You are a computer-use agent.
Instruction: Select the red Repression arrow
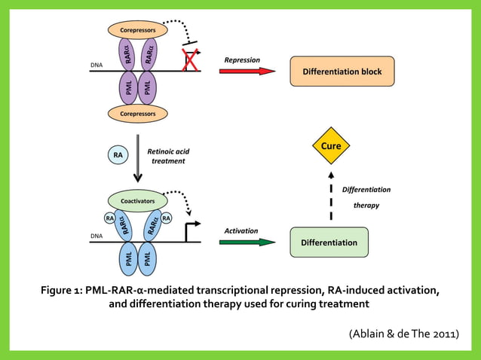(x=247, y=71)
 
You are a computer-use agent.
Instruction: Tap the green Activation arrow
(x=247, y=243)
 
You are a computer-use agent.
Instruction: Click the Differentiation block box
(x=342, y=72)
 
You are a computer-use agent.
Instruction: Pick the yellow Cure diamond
(x=331, y=145)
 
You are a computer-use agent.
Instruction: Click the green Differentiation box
(x=329, y=243)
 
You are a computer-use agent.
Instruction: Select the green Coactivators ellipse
(x=137, y=201)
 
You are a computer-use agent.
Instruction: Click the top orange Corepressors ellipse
(x=138, y=30)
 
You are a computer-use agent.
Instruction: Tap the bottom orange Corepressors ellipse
(x=138, y=114)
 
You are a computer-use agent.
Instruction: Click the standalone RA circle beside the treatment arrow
(x=118, y=156)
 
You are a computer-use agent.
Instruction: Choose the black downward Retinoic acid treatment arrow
(x=137, y=159)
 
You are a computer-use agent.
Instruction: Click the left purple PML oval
(x=127, y=87)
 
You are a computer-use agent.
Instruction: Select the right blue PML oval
(x=148, y=259)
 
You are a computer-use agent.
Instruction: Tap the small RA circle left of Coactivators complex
(x=109, y=218)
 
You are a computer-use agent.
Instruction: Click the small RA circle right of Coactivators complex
(x=166, y=218)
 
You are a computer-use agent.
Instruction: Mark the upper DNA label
(x=97, y=65)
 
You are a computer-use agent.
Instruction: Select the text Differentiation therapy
(x=366, y=197)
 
